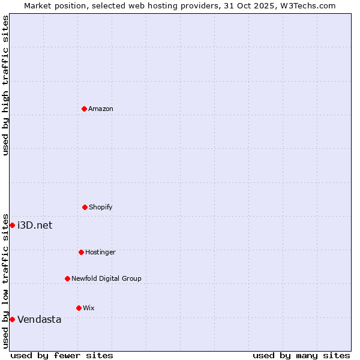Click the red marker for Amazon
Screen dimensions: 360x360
click(84, 109)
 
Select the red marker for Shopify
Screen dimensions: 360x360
click(85, 207)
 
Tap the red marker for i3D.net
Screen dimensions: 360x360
click(12, 225)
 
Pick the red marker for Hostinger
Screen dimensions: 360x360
click(81, 252)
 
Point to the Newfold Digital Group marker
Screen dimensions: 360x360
click(67, 278)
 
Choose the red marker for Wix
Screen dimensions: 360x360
click(79, 308)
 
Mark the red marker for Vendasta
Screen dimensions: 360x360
click(12, 319)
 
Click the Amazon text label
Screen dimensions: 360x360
click(101, 109)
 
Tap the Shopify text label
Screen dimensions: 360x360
click(101, 207)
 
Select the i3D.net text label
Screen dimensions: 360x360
click(35, 225)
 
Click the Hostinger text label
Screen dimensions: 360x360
click(100, 252)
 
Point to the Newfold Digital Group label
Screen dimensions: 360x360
click(106, 278)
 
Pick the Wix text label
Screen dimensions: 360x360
click(89, 308)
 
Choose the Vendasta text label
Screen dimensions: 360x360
click(40, 319)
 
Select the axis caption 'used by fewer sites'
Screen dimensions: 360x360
click(62, 355)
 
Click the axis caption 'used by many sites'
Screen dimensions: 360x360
click(301, 355)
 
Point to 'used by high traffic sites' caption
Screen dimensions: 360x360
click(5, 85)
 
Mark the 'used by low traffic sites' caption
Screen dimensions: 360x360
click(5, 281)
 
